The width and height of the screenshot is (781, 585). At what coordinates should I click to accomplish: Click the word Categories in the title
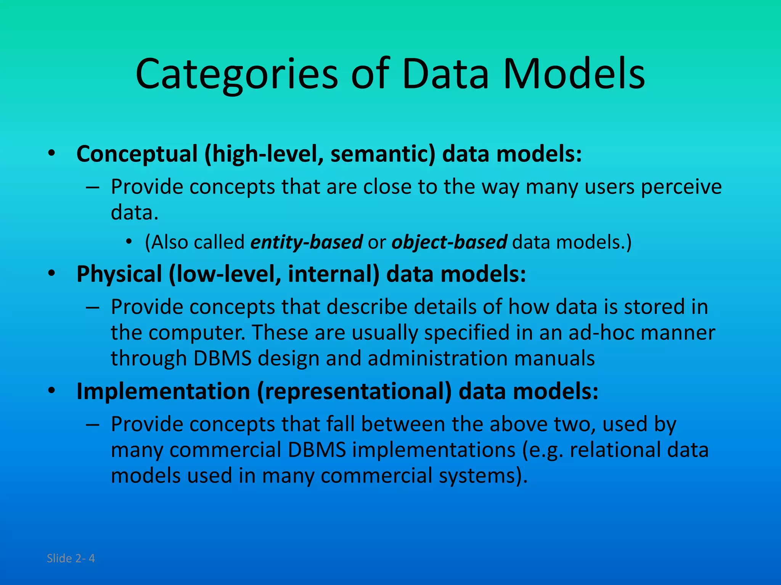pyautogui.click(x=236, y=74)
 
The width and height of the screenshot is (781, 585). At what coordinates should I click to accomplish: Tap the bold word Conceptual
pyautogui.click(x=137, y=154)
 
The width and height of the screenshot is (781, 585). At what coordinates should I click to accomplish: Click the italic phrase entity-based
pyautogui.click(x=306, y=242)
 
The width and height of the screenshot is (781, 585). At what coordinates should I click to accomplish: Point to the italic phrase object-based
pyautogui.click(x=449, y=242)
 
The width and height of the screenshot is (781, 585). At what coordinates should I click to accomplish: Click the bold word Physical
pyautogui.click(x=119, y=274)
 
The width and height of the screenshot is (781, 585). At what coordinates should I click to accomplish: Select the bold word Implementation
pyautogui.click(x=163, y=392)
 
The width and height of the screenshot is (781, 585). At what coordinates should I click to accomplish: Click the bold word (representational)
pyautogui.click(x=354, y=392)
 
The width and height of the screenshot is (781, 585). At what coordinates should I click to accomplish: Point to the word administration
pyautogui.click(x=437, y=358)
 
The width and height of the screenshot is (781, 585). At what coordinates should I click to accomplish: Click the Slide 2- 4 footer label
pyautogui.click(x=71, y=558)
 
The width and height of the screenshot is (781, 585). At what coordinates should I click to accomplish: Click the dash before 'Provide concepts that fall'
pyautogui.click(x=93, y=425)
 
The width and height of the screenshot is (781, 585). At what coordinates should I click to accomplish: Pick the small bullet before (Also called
pyautogui.click(x=130, y=242)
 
